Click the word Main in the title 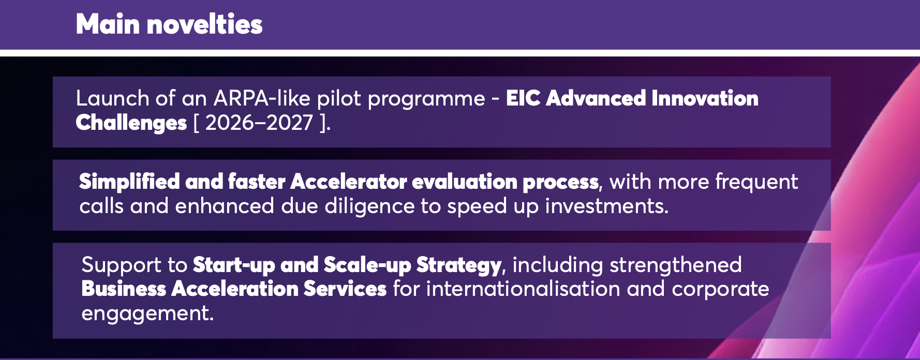(108, 24)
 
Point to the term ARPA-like (262, 98)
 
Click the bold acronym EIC (523, 98)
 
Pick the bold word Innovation (705, 98)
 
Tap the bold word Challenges (131, 123)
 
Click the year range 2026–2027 (259, 123)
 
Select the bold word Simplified (129, 182)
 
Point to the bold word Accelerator (349, 182)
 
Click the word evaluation (465, 182)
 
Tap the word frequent (756, 182)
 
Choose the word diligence (369, 206)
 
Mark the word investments (606, 206)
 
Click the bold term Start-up (234, 265)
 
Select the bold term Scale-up (367, 265)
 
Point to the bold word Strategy (459, 265)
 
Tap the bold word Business (124, 289)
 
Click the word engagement (147, 313)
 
